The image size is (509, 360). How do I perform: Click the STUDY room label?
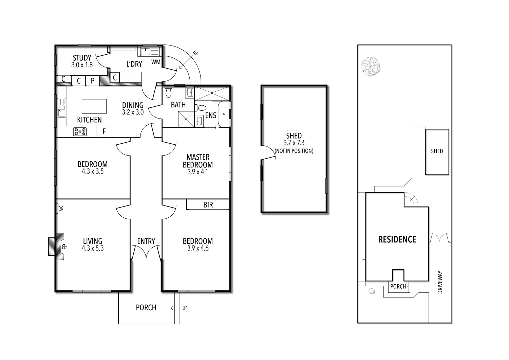(82, 58)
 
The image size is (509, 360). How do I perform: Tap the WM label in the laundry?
(156, 62)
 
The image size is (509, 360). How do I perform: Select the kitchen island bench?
(94, 106)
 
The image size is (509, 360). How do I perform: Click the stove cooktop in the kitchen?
(80, 131)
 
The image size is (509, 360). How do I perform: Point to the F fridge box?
(105, 131)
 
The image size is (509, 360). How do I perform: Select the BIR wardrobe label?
(208, 205)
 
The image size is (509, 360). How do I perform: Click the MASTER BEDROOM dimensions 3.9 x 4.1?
(197, 172)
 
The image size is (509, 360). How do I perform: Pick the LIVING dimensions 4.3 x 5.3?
(92, 248)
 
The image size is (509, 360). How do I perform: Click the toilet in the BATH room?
(169, 93)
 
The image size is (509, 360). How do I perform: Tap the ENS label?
(210, 115)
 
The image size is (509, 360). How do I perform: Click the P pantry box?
(92, 81)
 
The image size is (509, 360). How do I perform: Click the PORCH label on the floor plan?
(146, 307)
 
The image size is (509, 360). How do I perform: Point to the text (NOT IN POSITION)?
(294, 151)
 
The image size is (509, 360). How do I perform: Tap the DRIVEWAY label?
(440, 282)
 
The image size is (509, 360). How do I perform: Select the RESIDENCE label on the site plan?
(397, 239)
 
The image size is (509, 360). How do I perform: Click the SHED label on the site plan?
(437, 151)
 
